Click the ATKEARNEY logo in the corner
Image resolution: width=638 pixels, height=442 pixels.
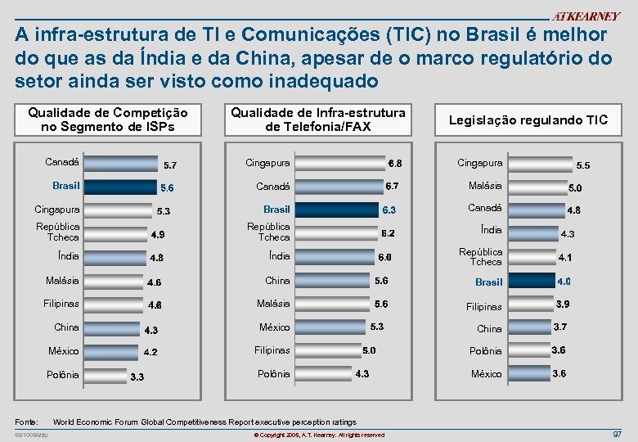pos(585,16)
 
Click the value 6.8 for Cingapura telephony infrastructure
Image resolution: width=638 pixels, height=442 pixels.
pos(395,164)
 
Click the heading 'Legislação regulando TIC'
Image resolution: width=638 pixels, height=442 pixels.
pos(528,120)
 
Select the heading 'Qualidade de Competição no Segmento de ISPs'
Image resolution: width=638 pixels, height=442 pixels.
pos(108,120)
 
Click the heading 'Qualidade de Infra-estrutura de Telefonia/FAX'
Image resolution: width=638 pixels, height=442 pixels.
pos(317,120)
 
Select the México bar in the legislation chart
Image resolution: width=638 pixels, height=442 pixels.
pos(524,373)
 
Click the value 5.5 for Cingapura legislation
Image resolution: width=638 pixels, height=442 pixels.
pos(582,165)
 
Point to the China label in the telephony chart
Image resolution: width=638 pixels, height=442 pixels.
pos(277,280)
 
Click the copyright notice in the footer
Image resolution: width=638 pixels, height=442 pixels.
pos(319,435)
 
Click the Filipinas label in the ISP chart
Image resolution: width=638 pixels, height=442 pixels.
pos(61,304)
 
